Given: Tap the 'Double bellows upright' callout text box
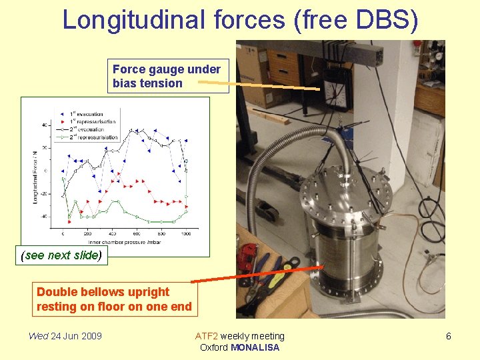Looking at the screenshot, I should [x=115, y=299].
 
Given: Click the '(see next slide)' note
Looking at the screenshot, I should [x=61, y=255].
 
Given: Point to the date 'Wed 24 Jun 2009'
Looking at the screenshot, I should [x=65, y=336].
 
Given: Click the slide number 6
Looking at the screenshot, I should [x=448, y=336].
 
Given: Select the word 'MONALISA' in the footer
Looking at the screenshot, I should [x=255, y=347].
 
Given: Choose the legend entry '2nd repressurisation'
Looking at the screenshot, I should [x=93, y=137].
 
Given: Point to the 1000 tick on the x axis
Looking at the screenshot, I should [x=185, y=233].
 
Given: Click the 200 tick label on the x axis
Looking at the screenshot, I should [x=87, y=233].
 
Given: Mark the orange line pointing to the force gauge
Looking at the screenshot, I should [x=267, y=85].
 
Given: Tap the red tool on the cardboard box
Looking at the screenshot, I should [x=249, y=257].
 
